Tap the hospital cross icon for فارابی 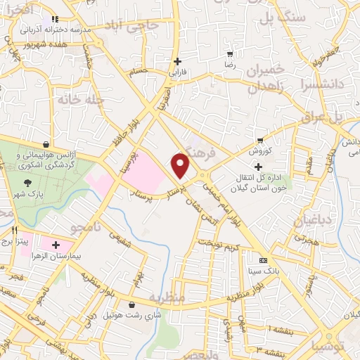[x=178, y=61]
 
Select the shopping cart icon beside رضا [x=230, y=54]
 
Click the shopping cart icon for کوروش [x=260, y=140]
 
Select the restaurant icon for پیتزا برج [x=13, y=230]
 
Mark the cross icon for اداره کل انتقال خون [x=259, y=167]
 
